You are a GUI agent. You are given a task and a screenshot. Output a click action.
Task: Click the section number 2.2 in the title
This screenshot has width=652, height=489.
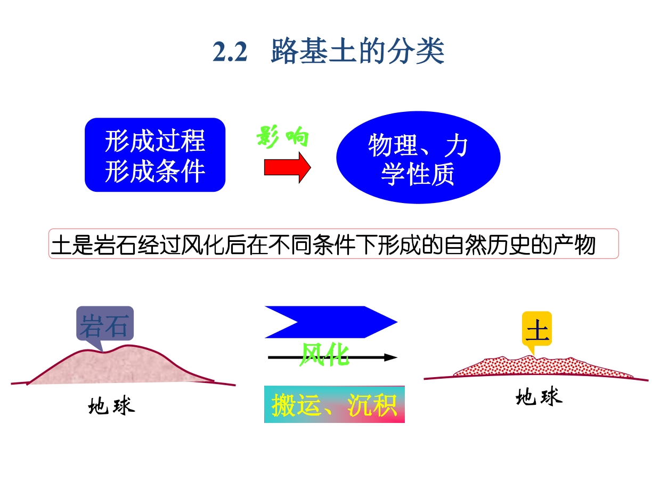(x=230, y=52)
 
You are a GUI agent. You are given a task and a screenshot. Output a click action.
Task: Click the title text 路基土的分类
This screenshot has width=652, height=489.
(x=357, y=51)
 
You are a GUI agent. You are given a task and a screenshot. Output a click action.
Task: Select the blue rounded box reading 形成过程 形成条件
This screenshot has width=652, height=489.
(x=155, y=154)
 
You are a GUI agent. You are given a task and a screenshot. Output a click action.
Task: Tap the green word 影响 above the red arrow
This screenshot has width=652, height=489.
(x=282, y=136)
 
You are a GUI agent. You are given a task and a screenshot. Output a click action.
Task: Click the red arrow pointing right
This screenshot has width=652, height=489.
(x=287, y=167)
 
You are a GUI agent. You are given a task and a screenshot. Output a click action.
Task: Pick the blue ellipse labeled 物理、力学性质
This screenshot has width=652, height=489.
(x=418, y=157)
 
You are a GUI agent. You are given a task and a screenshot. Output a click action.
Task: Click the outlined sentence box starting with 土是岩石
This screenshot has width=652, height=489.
(x=333, y=244)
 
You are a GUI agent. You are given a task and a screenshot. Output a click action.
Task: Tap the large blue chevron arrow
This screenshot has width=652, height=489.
(x=331, y=322)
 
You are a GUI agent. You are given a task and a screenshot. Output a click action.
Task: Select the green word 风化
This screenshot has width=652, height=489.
(x=324, y=354)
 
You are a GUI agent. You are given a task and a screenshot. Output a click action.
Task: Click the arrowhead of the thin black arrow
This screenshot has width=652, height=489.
(x=390, y=357)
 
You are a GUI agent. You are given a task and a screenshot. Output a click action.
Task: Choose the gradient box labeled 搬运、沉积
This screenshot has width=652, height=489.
(x=335, y=404)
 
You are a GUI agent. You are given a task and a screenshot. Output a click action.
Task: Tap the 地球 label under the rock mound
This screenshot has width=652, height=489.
(x=112, y=405)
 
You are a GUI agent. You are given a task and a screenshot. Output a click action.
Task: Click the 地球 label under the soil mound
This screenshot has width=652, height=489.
(x=539, y=396)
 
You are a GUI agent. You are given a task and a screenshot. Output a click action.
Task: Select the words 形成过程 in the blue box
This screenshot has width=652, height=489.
(x=155, y=141)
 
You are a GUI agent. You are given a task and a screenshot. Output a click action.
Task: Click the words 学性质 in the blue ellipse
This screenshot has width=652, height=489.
(x=418, y=174)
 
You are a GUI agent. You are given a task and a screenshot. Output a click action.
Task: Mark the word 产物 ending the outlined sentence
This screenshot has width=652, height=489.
(x=574, y=244)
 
